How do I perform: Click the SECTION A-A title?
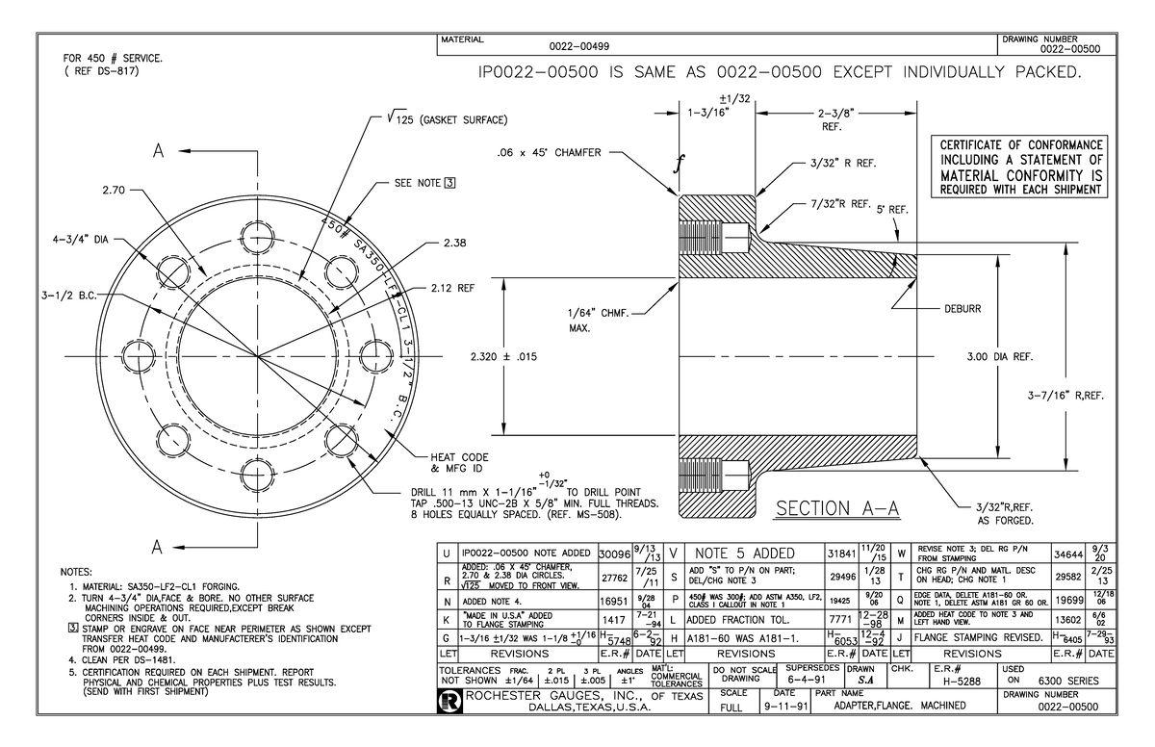click(x=836, y=508)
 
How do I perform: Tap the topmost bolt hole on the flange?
click(x=256, y=239)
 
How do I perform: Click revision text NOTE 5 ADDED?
click(x=749, y=554)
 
